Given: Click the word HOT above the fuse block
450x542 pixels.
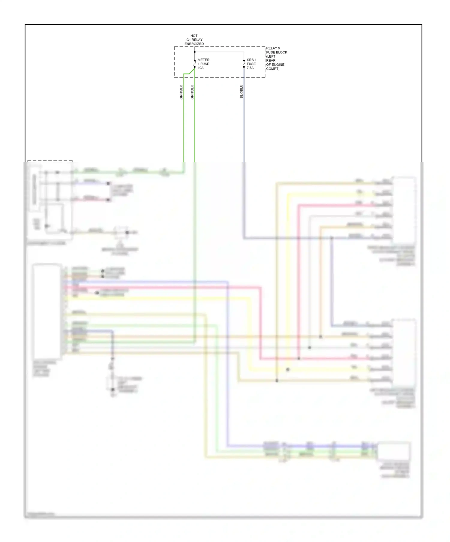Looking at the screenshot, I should pos(194,36).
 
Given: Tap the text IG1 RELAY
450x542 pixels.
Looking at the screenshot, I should pos(194,40).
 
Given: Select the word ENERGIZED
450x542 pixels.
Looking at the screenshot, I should pos(194,44).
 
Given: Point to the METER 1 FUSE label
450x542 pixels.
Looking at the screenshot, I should pos(203,62).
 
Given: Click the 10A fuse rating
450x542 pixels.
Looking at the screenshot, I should pos(200,68).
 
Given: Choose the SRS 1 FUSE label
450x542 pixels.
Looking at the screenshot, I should pos(251,62).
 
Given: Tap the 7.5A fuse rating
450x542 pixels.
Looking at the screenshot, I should pos(250,68).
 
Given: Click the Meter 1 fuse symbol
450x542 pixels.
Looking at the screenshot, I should pos(195,64).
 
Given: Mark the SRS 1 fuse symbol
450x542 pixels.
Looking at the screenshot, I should pos(244,64).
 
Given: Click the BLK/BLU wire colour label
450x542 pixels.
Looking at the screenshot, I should pos(241,92).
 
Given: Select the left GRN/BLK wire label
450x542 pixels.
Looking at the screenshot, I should pos(181,92).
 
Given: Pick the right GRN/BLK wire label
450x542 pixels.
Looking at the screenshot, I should pos(192,92).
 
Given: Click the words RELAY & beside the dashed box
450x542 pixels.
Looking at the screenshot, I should pos(273,48).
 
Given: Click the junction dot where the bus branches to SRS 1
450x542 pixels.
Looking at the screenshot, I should pos(195,52).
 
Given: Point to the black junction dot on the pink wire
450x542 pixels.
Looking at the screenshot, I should pos(299,358).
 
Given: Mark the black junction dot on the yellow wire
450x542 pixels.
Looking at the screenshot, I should pos(288,369).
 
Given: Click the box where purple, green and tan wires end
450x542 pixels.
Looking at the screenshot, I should pos(394,451).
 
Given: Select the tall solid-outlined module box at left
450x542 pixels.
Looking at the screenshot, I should pos(47,311).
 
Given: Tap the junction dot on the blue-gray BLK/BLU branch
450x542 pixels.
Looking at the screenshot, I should pos(331,238).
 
